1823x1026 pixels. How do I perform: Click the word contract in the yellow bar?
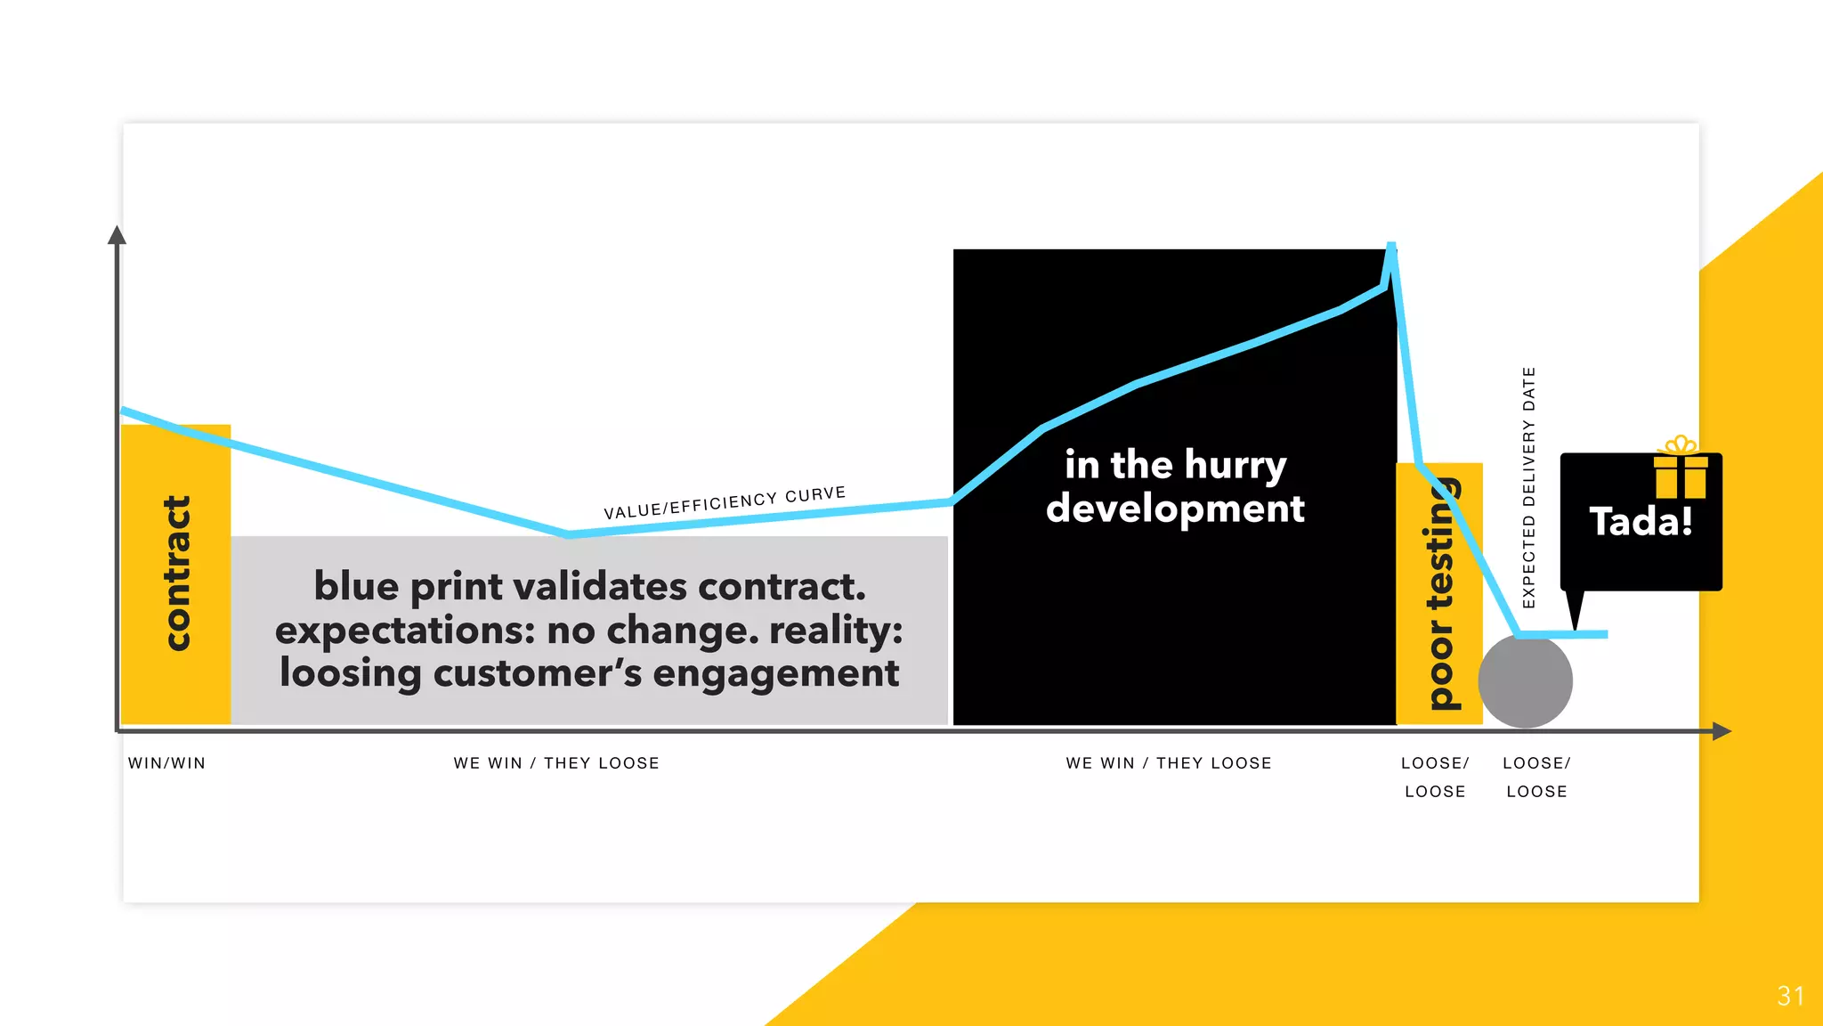[x=177, y=573]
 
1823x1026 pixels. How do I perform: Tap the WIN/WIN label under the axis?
[x=166, y=763]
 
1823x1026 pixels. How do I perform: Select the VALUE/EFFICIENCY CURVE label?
[x=725, y=503]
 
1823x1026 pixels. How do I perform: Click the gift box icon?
[x=1681, y=470]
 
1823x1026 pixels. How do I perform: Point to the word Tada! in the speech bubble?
[x=1641, y=522]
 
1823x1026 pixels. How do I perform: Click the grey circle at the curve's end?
[x=1525, y=681]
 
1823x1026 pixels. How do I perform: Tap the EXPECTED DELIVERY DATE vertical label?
[x=1529, y=487]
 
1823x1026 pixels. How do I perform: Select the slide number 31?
[x=1790, y=996]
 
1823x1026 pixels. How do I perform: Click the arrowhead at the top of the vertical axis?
[x=117, y=235]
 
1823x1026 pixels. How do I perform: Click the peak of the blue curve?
[x=1390, y=246]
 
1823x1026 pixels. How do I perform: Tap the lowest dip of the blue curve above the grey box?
[x=569, y=534]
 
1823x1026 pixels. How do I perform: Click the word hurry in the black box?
[x=1236, y=466]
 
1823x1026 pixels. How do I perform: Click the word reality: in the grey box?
[x=836, y=631]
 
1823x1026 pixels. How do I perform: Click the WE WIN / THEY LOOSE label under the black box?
[x=1169, y=763]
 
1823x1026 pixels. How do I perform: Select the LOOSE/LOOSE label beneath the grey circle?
[x=1536, y=777]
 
